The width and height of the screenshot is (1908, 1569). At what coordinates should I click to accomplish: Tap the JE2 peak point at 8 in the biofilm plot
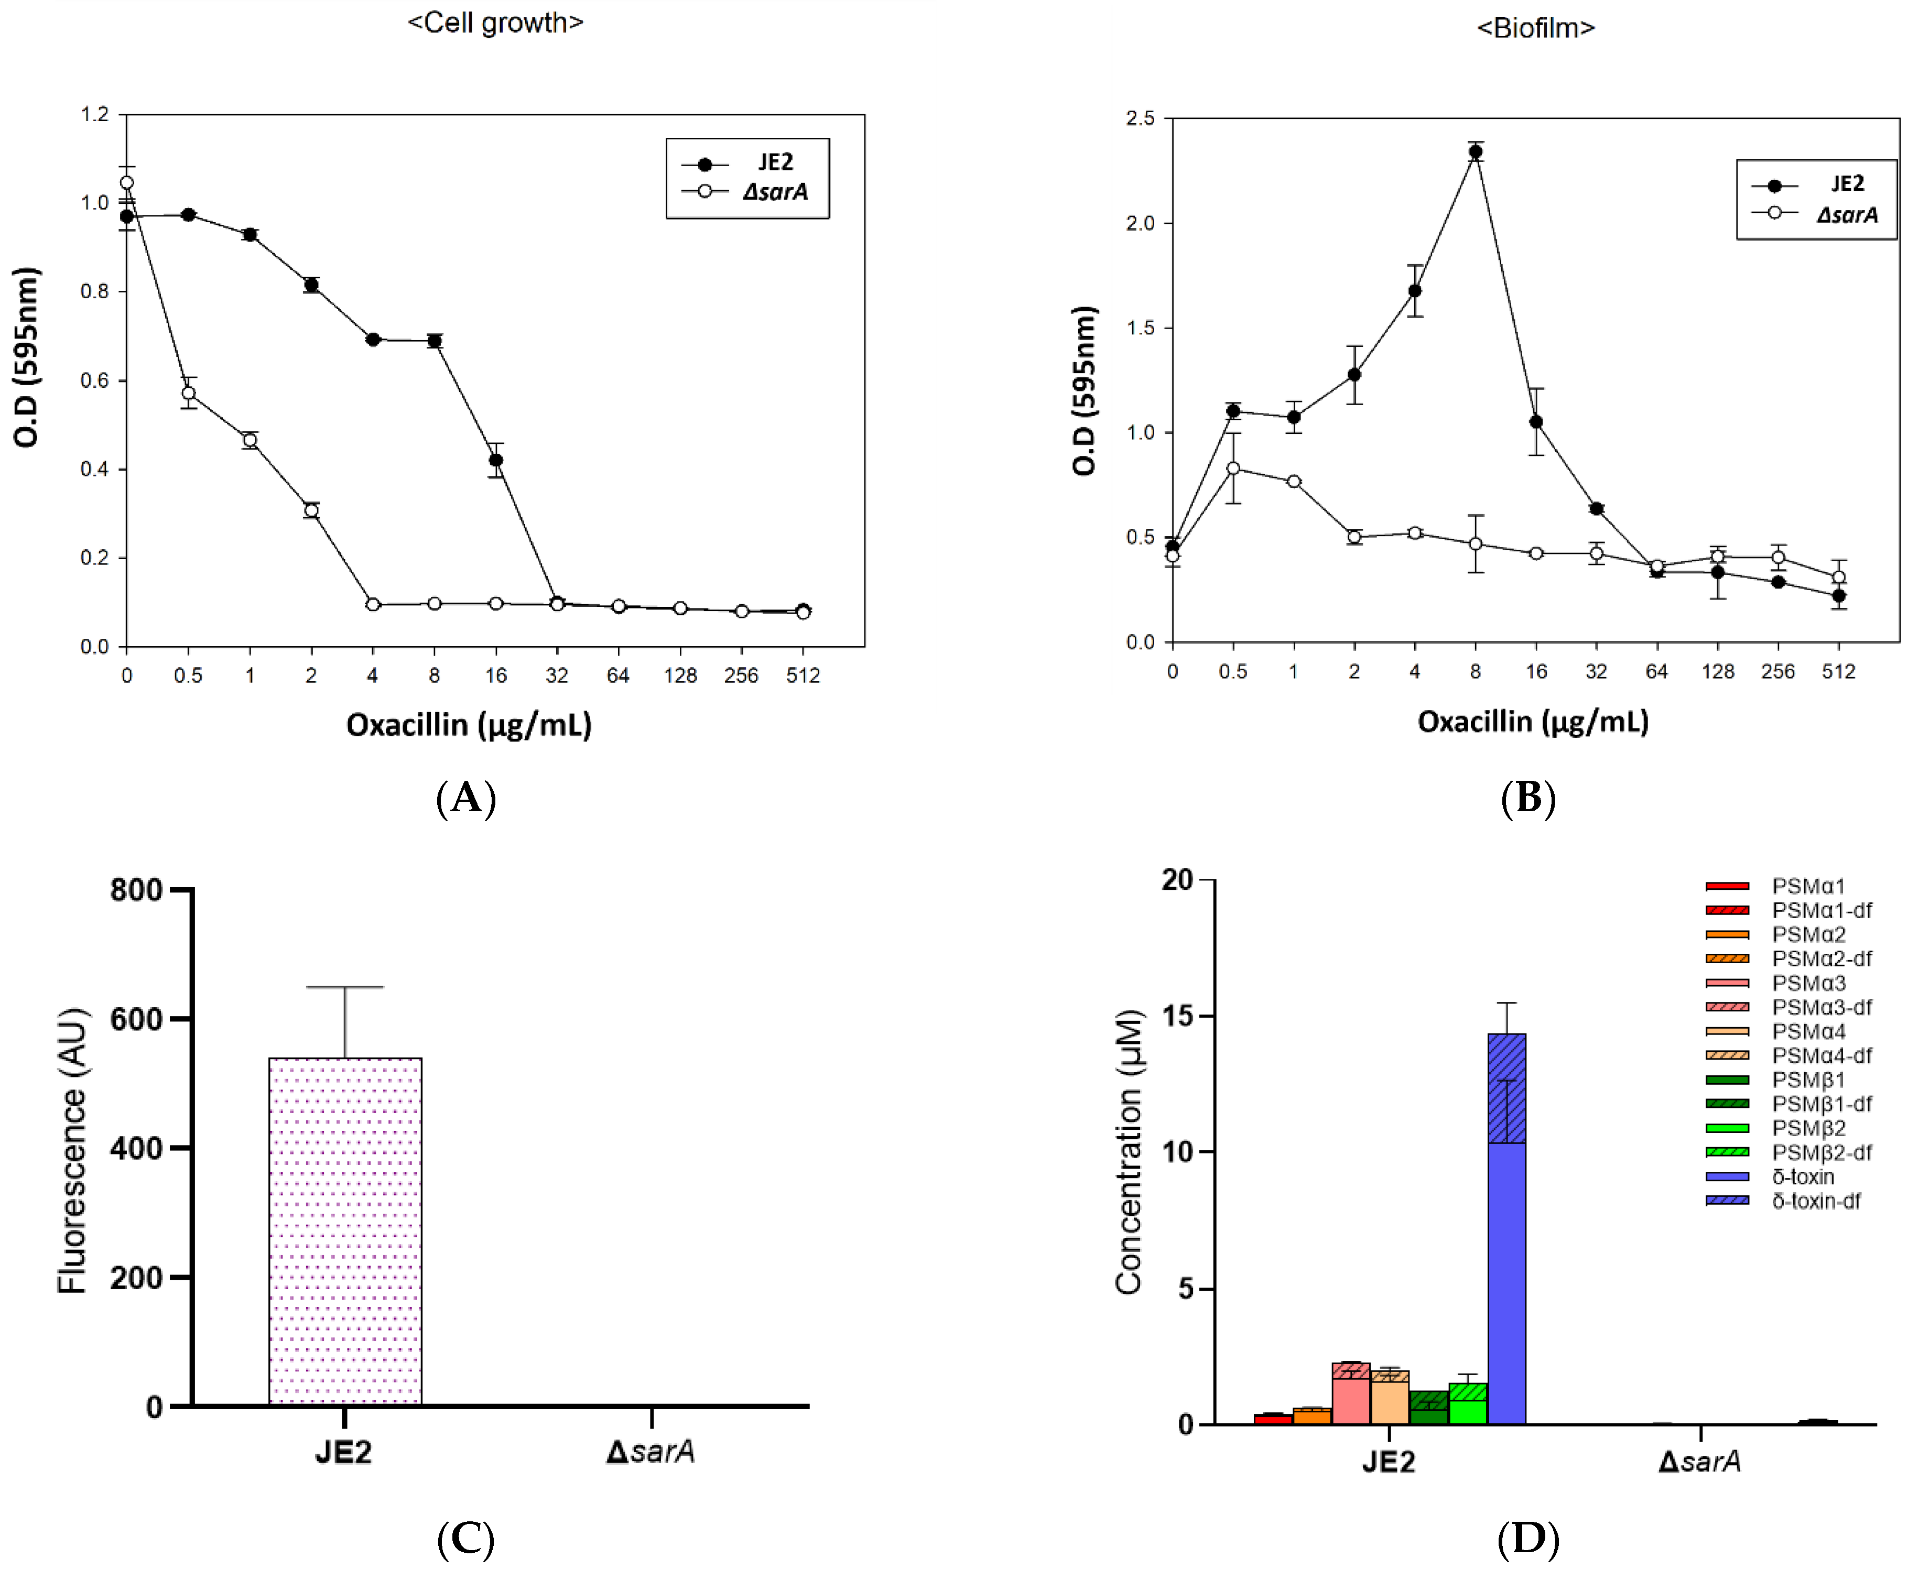1475,152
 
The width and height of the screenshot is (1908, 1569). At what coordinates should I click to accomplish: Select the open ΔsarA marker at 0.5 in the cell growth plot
188,393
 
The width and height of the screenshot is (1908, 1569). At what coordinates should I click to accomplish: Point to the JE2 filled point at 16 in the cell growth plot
495,460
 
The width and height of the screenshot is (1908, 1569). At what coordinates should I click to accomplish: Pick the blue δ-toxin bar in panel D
1506,1283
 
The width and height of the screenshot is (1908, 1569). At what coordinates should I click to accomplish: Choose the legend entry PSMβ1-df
1820,1104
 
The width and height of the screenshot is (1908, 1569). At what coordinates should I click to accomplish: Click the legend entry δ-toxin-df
1815,1201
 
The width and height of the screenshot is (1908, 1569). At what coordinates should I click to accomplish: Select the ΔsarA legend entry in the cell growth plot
774,192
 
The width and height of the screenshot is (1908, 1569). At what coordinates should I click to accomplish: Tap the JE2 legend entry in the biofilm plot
1847,183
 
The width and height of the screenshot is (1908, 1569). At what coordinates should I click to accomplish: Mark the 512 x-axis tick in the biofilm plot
1838,671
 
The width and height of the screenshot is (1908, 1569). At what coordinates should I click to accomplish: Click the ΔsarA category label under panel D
1699,1462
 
